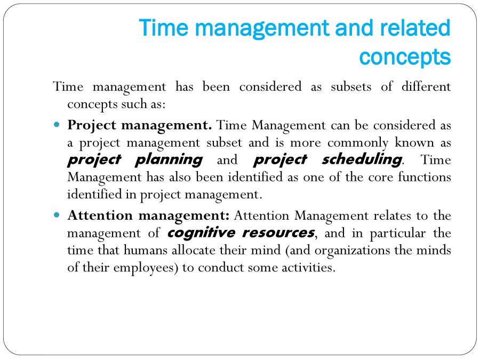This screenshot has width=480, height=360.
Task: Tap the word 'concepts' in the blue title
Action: [x=405, y=56]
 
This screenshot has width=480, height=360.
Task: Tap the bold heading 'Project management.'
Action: [x=140, y=126]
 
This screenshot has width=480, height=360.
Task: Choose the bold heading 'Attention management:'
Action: [x=148, y=216]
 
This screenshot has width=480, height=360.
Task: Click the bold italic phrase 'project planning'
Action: [x=135, y=159]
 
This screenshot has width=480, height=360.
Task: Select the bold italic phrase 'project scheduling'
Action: [x=327, y=159]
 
